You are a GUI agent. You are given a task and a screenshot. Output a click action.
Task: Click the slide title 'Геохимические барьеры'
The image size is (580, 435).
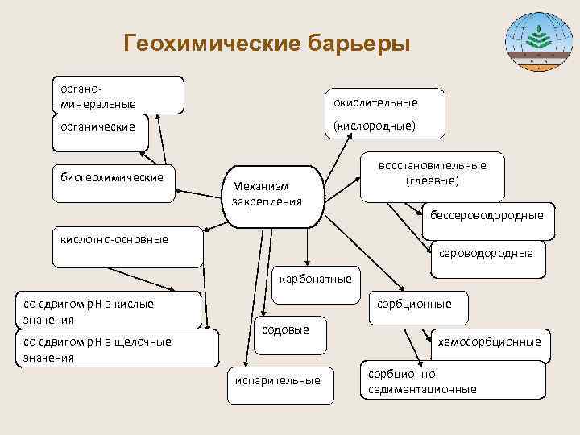click(x=267, y=42)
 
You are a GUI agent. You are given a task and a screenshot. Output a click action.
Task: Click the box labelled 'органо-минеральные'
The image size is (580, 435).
click(x=118, y=95)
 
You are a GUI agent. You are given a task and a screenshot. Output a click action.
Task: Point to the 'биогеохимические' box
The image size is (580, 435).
click(x=112, y=177)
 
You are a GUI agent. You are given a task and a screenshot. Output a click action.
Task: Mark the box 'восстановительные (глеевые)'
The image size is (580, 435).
click(x=433, y=173)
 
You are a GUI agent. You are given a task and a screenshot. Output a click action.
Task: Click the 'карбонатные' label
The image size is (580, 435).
click(x=316, y=279)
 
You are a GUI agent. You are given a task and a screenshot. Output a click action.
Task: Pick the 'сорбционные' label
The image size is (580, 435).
click(x=414, y=304)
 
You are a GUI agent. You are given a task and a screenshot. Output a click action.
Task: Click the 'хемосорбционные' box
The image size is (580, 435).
click(x=489, y=342)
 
